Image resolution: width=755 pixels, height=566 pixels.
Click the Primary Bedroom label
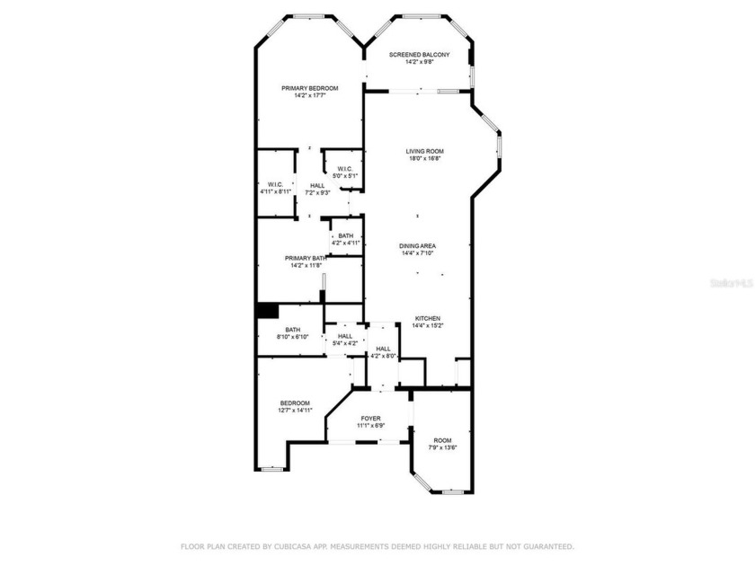pyautogui.click(x=309, y=88)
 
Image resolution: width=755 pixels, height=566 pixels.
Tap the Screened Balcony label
pyautogui.click(x=419, y=55)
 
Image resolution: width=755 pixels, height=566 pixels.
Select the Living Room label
pyautogui.click(x=424, y=151)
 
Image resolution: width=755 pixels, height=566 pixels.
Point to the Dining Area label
pyautogui.click(x=418, y=245)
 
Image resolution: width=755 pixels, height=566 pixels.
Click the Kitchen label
pyautogui.click(x=427, y=318)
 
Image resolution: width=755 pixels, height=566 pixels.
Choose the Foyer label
pyautogui.click(x=370, y=419)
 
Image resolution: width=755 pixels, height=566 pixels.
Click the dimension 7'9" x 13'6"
pyautogui.click(x=442, y=447)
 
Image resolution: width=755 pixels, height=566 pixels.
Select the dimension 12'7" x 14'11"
pyautogui.click(x=295, y=410)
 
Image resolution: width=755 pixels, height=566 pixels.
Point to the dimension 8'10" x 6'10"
pyautogui.click(x=293, y=337)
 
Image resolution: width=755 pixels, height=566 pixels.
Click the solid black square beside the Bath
pyautogui.click(x=266, y=310)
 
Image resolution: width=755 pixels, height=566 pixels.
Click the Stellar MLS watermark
pyautogui.click(x=730, y=281)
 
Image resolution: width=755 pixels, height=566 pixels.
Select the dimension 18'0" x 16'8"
pyautogui.click(x=424, y=158)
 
